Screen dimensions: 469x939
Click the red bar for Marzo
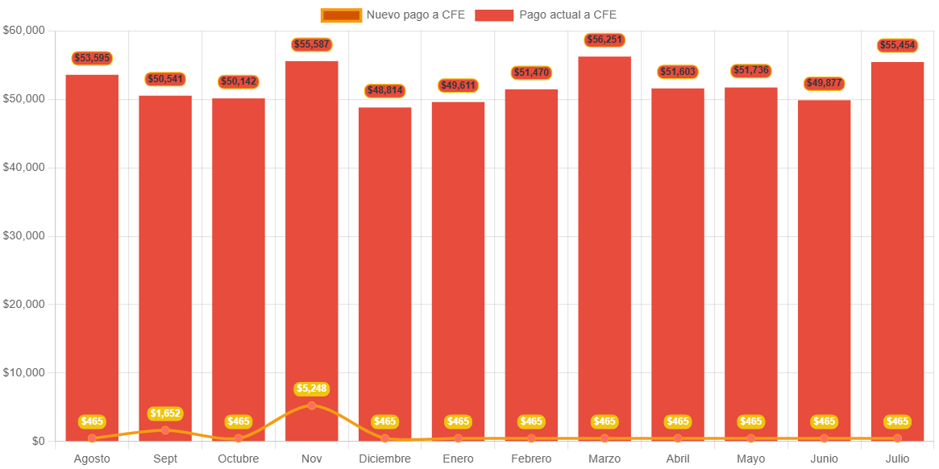(x=605, y=242)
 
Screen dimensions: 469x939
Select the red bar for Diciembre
(x=384, y=266)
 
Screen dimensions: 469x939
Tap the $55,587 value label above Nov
(x=312, y=44)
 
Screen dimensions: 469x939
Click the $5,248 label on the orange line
(x=312, y=389)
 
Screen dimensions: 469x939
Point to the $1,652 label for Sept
(x=165, y=413)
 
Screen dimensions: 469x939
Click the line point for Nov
(x=312, y=405)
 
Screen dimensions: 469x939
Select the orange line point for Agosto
(x=92, y=438)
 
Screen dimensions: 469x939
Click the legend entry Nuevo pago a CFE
(x=393, y=15)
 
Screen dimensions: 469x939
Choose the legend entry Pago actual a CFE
(x=546, y=15)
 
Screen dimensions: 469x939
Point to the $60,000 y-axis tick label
(x=24, y=30)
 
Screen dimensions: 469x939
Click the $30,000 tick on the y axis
(x=24, y=235)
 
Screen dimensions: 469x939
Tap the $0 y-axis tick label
(x=38, y=441)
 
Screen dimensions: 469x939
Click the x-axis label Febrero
(x=531, y=459)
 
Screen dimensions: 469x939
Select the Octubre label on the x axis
(x=239, y=459)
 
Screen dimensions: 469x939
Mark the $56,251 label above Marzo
(x=605, y=39)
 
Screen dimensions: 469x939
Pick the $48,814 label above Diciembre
(x=384, y=90)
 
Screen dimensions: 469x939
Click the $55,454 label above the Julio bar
(x=897, y=45)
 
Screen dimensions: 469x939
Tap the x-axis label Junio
(x=824, y=459)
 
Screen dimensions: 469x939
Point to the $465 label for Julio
(x=897, y=421)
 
